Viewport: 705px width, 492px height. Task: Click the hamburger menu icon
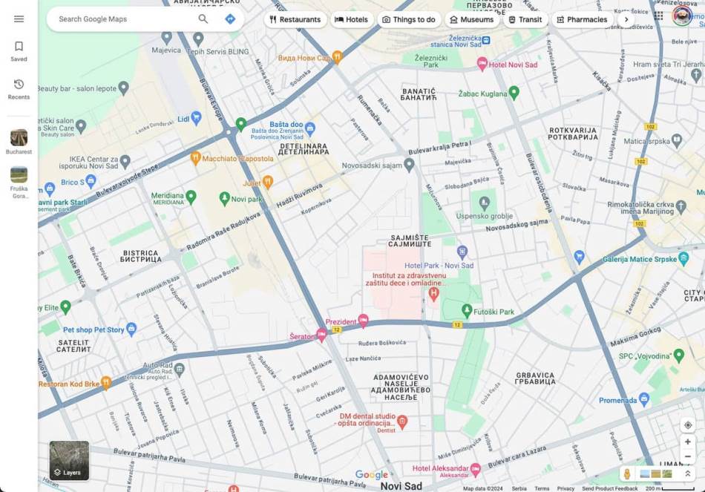[19, 19]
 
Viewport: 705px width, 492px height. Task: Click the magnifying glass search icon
[203, 19]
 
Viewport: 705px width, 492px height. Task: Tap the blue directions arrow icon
[230, 19]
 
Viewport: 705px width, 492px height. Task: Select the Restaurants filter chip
[295, 20]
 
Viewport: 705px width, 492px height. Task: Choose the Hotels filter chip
[351, 20]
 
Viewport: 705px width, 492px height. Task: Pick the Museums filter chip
[471, 20]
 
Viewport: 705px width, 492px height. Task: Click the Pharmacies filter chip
[582, 20]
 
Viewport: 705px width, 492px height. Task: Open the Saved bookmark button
[19, 50]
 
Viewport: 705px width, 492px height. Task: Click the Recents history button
[19, 88]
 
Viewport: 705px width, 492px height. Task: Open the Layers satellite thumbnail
[69, 460]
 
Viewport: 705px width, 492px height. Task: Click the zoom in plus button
[688, 442]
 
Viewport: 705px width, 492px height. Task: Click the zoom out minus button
[688, 456]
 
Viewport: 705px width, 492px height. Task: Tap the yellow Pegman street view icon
[627, 473]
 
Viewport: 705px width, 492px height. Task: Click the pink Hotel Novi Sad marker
[482, 65]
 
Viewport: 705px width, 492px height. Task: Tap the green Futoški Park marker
[467, 310]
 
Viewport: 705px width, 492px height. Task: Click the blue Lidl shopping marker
[196, 117]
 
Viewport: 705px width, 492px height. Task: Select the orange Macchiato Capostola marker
[195, 158]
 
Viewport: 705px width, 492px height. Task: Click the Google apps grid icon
[658, 16]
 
